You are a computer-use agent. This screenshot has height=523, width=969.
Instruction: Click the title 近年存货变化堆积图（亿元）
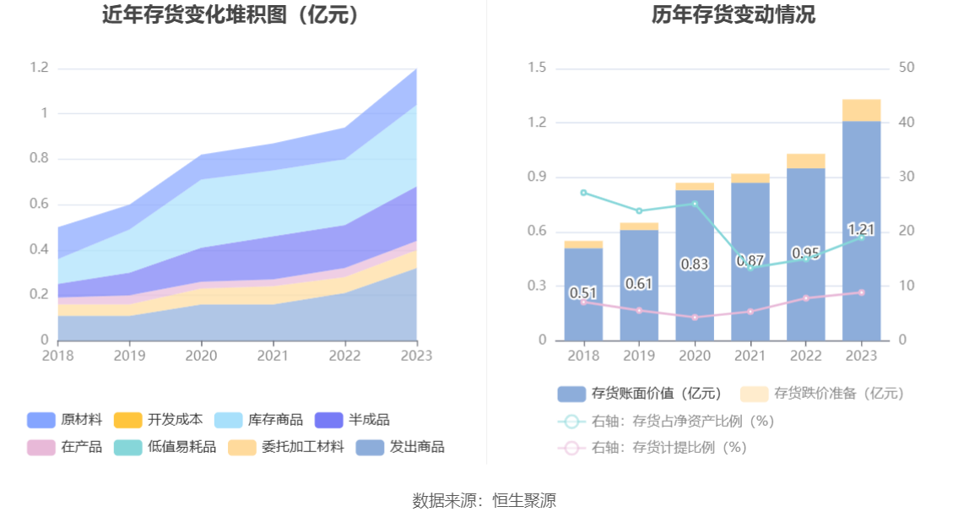point(230,15)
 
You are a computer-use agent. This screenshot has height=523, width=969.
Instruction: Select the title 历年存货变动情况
point(734,15)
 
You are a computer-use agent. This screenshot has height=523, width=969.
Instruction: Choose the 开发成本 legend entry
point(158,420)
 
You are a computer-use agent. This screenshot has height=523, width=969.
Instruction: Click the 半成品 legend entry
point(352,420)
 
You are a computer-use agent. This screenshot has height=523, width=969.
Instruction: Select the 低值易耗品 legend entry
point(165,447)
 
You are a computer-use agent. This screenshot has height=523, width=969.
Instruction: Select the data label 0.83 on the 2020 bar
point(694,264)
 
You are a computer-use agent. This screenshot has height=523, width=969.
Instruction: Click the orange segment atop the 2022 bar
point(805,161)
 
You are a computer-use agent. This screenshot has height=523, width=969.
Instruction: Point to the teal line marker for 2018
point(583,193)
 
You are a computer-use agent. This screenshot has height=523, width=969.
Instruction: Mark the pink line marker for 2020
point(695,318)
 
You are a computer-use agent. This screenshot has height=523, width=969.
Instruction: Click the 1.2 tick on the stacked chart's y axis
point(40,68)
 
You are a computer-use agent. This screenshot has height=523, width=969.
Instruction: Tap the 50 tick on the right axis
point(907,68)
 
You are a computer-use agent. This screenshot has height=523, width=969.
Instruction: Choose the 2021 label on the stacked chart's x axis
point(271,356)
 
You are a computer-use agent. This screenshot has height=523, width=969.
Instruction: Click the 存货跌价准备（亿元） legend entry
point(822,394)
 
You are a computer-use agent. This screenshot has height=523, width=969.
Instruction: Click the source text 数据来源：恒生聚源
point(484,500)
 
